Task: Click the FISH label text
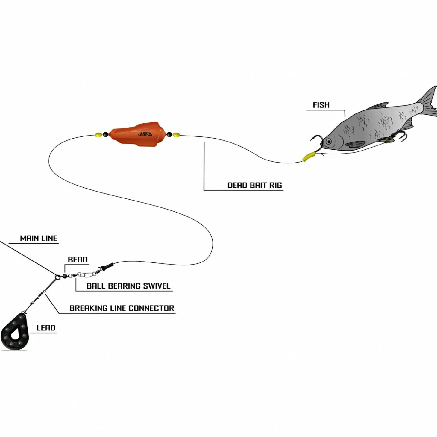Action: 321,105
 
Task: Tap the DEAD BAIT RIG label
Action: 254,185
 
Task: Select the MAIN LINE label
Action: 38,238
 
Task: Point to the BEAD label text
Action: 78,260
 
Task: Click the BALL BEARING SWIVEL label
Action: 128,286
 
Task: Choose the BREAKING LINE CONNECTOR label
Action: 122,308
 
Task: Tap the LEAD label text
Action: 46,328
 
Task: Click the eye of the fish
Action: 329,141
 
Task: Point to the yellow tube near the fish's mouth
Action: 309,157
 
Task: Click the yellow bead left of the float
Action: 98,135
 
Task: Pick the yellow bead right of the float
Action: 176,135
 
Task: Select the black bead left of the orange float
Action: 105,135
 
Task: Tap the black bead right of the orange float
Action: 169,135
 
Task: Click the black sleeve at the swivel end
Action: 107,266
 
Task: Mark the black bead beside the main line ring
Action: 65,276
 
